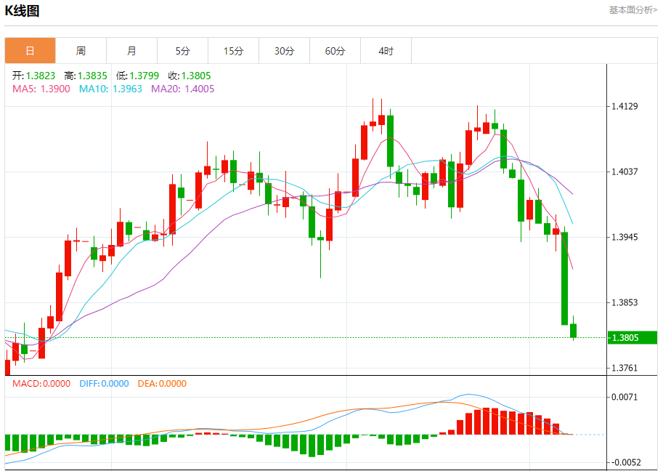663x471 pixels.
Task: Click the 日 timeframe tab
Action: (x=30, y=51)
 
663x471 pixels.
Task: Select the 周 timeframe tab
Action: (x=81, y=51)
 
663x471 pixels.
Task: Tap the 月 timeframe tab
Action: (x=131, y=51)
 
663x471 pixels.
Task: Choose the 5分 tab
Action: (x=182, y=51)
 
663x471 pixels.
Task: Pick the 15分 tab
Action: (x=233, y=51)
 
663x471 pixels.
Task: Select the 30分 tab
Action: (x=284, y=51)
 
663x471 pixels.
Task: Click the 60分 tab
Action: (x=335, y=51)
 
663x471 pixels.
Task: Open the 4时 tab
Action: (x=386, y=51)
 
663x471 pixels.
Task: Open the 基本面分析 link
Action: (x=633, y=10)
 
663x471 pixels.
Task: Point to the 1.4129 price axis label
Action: (x=625, y=107)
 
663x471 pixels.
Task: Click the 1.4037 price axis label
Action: (x=625, y=172)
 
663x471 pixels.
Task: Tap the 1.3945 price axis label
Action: (x=625, y=237)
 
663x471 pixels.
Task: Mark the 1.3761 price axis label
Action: (x=625, y=368)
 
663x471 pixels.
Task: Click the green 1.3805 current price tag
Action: (x=625, y=337)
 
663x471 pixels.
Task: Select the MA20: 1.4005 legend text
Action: (x=182, y=89)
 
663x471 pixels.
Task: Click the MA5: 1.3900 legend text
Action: (x=41, y=89)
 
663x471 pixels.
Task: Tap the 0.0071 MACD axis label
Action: (x=625, y=397)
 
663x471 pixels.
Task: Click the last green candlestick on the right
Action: (x=574, y=331)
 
